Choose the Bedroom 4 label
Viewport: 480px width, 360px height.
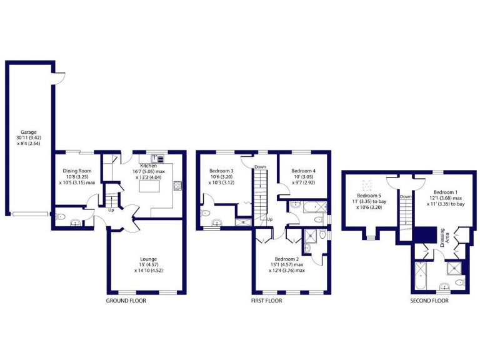pyautogui.click(x=303, y=171)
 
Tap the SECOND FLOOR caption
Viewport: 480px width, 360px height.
pyautogui.click(x=429, y=301)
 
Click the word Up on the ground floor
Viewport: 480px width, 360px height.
pyautogui.click(x=111, y=209)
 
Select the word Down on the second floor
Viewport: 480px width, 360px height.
pyautogui.click(x=406, y=196)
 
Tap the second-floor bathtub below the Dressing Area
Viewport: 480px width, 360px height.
pyautogui.click(x=420, y=275)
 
